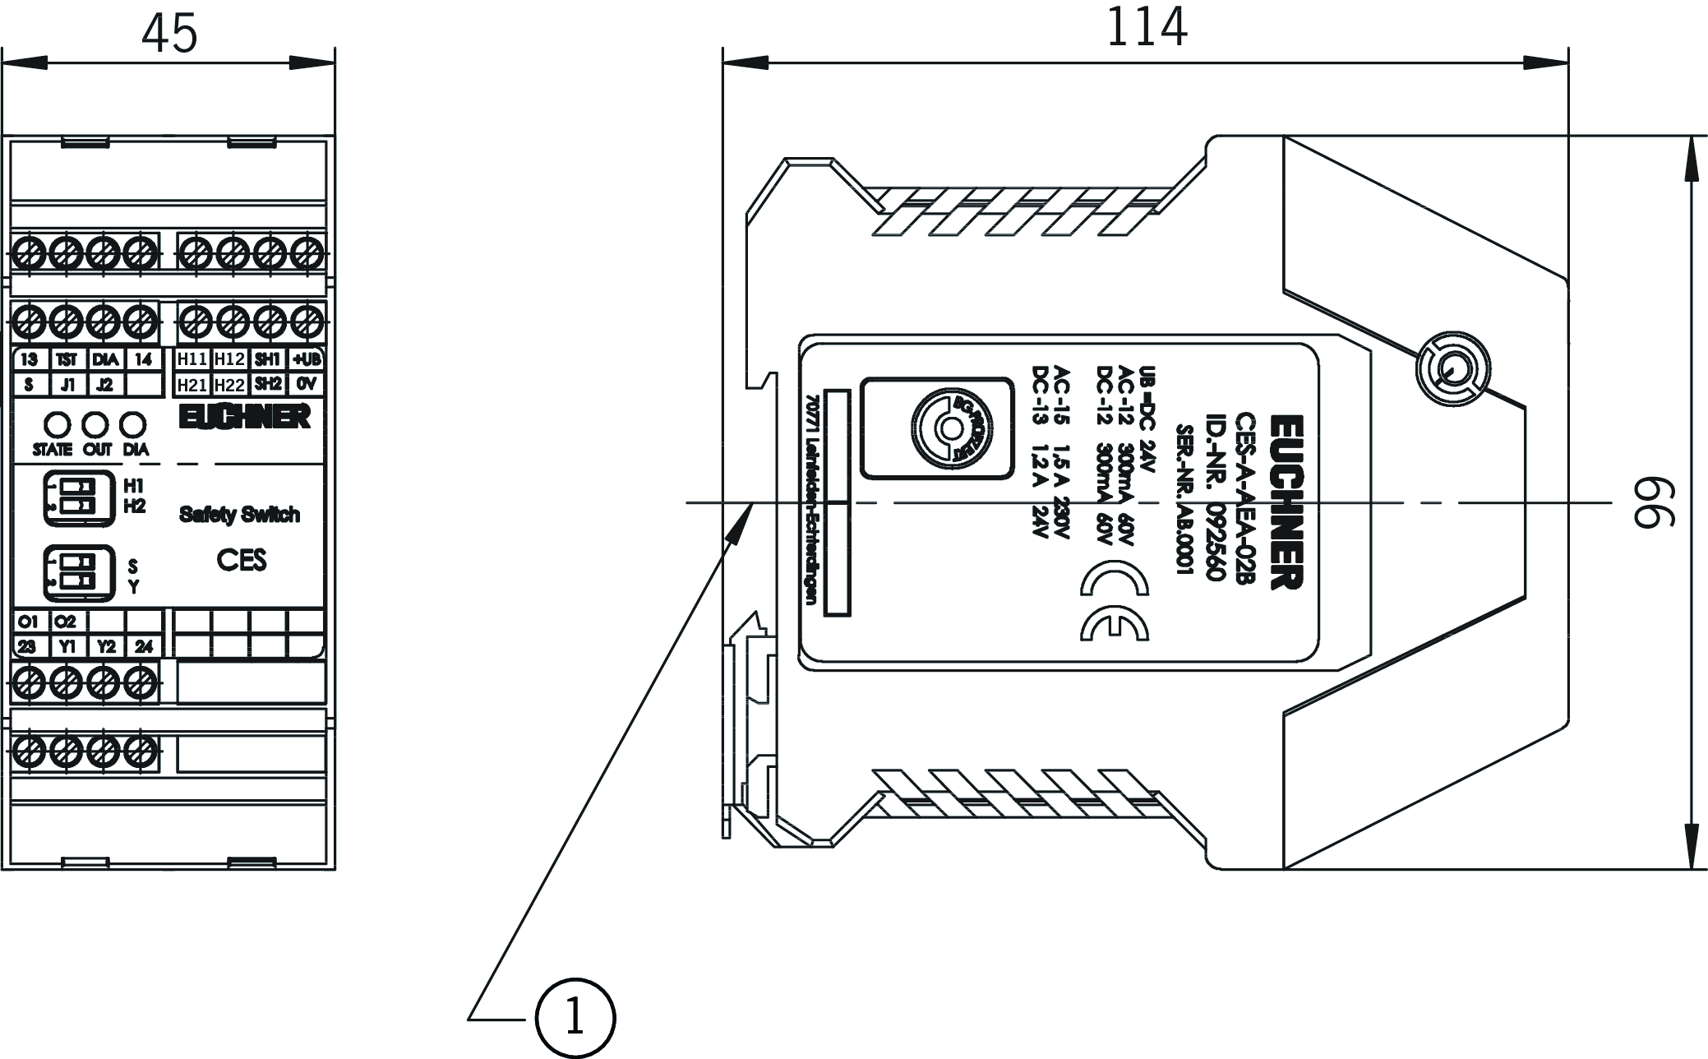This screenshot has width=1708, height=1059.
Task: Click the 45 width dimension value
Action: click(169, 33)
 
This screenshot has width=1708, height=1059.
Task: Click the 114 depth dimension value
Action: click(1146, 28)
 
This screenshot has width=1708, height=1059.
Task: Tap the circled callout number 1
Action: click(575, 1018)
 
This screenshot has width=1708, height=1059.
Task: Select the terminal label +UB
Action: click(307, 359)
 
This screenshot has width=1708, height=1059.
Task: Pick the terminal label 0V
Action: click(307, 384)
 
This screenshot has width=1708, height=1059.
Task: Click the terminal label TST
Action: click(67, 359)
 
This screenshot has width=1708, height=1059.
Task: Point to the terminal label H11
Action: click(192, 359)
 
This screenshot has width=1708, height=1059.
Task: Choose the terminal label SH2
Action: click(268, 384)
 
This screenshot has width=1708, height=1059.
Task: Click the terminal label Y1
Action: click(67, 646)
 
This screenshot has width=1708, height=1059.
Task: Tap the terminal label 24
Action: click(143, 646)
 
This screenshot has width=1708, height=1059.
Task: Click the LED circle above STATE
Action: click(56, 424)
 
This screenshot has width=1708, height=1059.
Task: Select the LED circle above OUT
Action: click(96, 424)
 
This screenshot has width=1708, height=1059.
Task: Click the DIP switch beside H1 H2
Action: click(72, 497)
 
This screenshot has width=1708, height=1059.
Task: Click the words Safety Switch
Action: click(239, 515)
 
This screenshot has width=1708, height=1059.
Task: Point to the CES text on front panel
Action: click(242, 560)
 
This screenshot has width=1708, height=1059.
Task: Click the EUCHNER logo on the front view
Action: click(245, 417)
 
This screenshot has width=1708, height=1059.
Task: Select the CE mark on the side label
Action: click(1115, 580)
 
